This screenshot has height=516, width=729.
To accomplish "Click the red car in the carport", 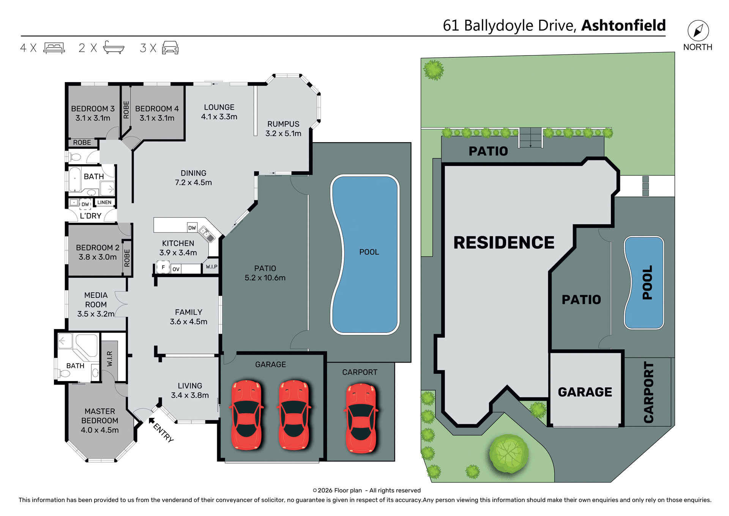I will [361, 418].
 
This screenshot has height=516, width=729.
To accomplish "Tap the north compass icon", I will [698, 31].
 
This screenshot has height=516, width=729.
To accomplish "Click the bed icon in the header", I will [54, 48].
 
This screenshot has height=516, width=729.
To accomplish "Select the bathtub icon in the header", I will [114, 47].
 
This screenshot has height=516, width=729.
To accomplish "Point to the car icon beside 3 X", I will [170, 48].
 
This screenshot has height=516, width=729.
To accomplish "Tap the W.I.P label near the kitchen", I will [211, 267].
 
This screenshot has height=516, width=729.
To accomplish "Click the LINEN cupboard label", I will [104, 203].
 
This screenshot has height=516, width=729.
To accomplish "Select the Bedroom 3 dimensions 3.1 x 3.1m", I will [93, 118].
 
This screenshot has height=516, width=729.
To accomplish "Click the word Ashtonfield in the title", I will [623, 25].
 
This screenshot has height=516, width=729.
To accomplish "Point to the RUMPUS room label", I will [283, 124].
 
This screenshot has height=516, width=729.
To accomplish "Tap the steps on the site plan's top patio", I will [530, 138].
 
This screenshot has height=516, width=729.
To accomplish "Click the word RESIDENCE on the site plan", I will [504, 243].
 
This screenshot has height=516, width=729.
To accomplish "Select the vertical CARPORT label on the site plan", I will [649, 392].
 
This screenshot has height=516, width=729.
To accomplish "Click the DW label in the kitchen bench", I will [192, 228].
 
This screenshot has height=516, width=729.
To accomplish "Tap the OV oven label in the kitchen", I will [176, 269].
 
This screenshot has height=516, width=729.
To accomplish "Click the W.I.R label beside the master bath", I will [110, 359].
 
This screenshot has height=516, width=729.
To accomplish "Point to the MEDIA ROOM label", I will [96, 300].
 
